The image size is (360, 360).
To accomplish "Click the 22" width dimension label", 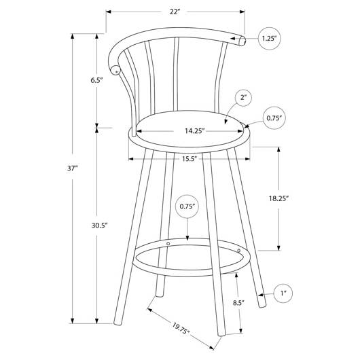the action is tap(175, 12).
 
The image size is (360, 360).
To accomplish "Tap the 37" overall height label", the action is tap(73, 168).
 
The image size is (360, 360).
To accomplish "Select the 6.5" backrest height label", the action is tap(96, 80).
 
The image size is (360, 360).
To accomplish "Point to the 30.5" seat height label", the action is tap(100, 226).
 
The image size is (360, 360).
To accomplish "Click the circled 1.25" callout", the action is tap(270, 38).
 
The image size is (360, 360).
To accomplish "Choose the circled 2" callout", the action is tap(243, 98).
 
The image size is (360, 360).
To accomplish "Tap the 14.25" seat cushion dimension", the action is tap(195, 131).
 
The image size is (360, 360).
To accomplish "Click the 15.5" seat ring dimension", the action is tap(190, 159).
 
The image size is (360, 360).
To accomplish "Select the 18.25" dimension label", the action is tap(278, 198).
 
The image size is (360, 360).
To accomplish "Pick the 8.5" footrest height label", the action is tap(238, 303).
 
